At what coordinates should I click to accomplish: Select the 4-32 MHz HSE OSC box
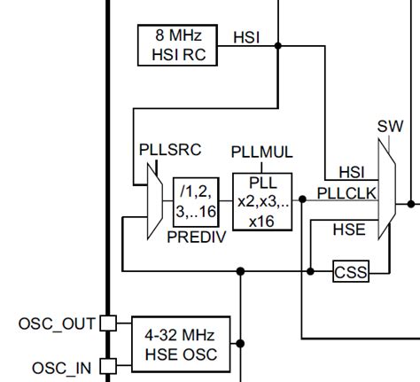(181, 346)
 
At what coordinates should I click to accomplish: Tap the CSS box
(350, 272)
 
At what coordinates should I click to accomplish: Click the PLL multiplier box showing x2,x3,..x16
(261, 201)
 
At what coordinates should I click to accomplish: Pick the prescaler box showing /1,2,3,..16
(197, 201)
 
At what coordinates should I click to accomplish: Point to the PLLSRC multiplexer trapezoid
(153, 201)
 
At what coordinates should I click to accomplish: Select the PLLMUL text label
(261, 152)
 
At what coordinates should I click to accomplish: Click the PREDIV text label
(197, 238)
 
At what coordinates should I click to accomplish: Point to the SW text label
(390, 126)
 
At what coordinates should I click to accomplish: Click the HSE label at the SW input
(348, 229)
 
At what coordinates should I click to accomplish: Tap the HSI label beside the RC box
(246, 37)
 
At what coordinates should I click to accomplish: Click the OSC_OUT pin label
(57, 324)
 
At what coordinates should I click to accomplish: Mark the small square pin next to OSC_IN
(107, 365)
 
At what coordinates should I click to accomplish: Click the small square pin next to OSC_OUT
(107, 324)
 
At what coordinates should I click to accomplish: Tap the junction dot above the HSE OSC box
(239, 272)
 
